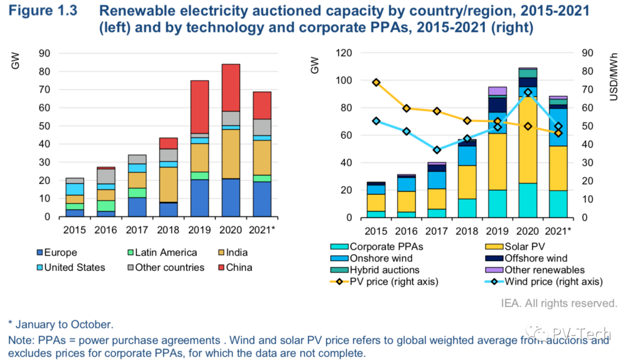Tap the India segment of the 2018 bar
click(169, 184)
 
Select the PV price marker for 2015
click(376, 83)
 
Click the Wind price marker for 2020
click(528, 92)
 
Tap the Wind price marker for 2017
click(437, 150)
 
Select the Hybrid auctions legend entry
click(383, 270)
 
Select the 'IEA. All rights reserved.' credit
click(559, 303)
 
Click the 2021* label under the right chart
click(558, 231)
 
